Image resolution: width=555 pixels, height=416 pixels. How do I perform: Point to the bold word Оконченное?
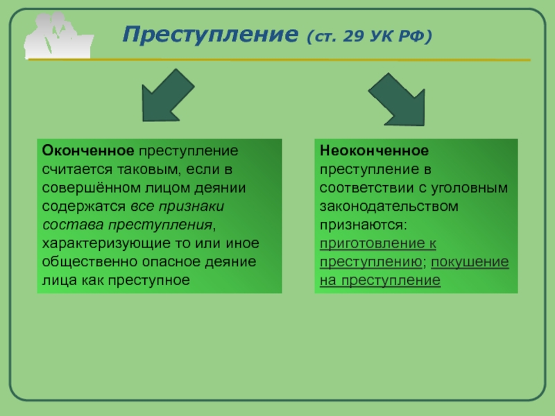87,150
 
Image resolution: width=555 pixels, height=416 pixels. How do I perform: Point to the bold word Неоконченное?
374,150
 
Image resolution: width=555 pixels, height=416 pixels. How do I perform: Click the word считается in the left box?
73,169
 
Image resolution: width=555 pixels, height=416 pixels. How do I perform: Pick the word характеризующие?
98,244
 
